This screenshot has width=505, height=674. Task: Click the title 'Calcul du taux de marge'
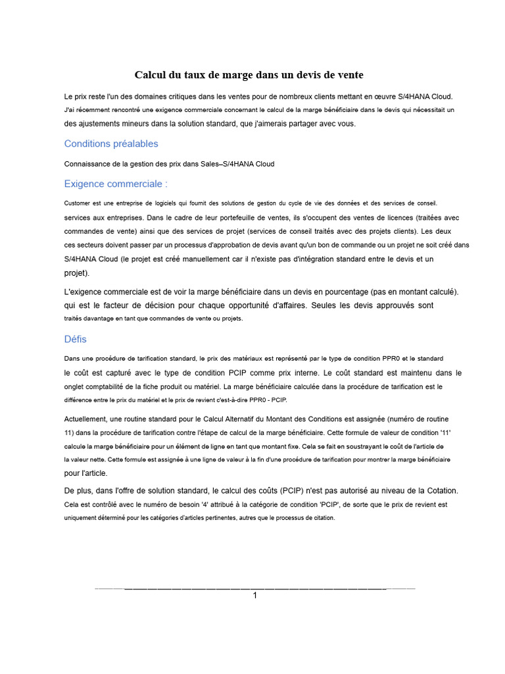coord(249,74)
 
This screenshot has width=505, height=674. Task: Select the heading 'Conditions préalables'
coord(111,143)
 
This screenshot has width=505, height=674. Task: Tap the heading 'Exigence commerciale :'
coord(116,184)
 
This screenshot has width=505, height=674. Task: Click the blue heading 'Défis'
coord(75,339)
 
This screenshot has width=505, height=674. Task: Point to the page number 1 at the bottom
coord(255,595)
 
